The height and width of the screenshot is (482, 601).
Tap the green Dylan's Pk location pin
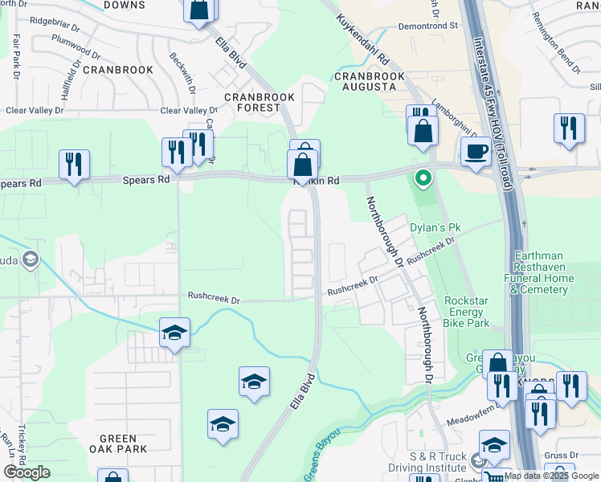tap(420, 178)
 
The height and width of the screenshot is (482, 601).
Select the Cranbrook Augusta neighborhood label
tap(370, 81)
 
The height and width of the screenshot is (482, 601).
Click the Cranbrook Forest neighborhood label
tap(260, 103)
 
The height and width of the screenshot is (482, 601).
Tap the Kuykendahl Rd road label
tap(363, 39)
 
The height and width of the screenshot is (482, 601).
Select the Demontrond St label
tap(429, 26)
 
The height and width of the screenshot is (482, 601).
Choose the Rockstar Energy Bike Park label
tap(467, 312)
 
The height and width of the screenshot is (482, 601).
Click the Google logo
tap(27, 472)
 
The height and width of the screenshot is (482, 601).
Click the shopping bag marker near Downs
tap(198, 10)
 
